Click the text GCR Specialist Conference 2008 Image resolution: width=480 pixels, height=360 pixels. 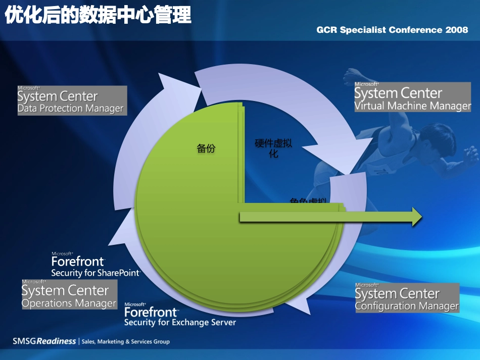click(392, 30)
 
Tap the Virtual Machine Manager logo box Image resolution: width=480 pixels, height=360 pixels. click(412, 97)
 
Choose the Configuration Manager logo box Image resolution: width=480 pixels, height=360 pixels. click(407, 298)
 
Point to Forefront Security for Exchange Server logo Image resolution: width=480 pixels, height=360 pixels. click(179, 315)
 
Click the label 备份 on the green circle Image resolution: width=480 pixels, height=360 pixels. click(206, 148)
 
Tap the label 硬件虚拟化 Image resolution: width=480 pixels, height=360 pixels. click(273, 148)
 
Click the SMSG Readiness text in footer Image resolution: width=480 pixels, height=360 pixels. click(44, 341)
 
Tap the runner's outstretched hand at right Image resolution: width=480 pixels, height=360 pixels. click(472, 153)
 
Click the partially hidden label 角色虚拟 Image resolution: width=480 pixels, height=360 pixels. click(308, 200)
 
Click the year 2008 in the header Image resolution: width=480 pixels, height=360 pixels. click(457, 30)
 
